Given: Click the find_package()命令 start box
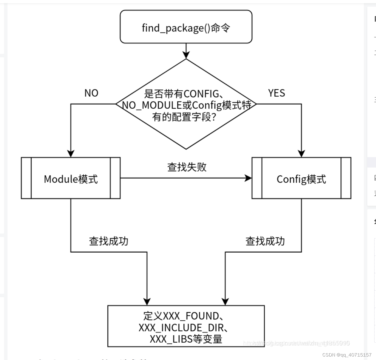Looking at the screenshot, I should [186, 27].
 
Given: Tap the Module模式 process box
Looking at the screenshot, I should [71, 178].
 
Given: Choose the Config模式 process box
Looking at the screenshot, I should [301, 178].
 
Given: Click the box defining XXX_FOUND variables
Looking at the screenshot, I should [186, 326].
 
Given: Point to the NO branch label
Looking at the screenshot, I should [91, 93].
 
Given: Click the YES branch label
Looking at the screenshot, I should [276, 93].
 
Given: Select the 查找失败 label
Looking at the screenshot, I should [187, 167].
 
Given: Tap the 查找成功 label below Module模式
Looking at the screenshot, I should [109, 241].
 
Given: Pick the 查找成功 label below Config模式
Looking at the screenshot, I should [265, 241].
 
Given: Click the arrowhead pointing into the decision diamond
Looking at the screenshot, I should [186, 55].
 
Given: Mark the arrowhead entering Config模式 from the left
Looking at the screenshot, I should [248, 178].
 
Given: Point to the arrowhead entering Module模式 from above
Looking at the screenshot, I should [71, 153].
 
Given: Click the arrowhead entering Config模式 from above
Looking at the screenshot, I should [301, 153].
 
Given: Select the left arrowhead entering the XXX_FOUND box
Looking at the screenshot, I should [147, 302].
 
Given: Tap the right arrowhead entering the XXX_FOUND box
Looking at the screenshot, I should [225, 302].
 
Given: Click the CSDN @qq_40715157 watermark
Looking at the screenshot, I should [347, 355].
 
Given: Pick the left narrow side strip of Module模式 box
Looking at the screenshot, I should [26, 178].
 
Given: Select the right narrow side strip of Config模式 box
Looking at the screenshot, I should [346, 178].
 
